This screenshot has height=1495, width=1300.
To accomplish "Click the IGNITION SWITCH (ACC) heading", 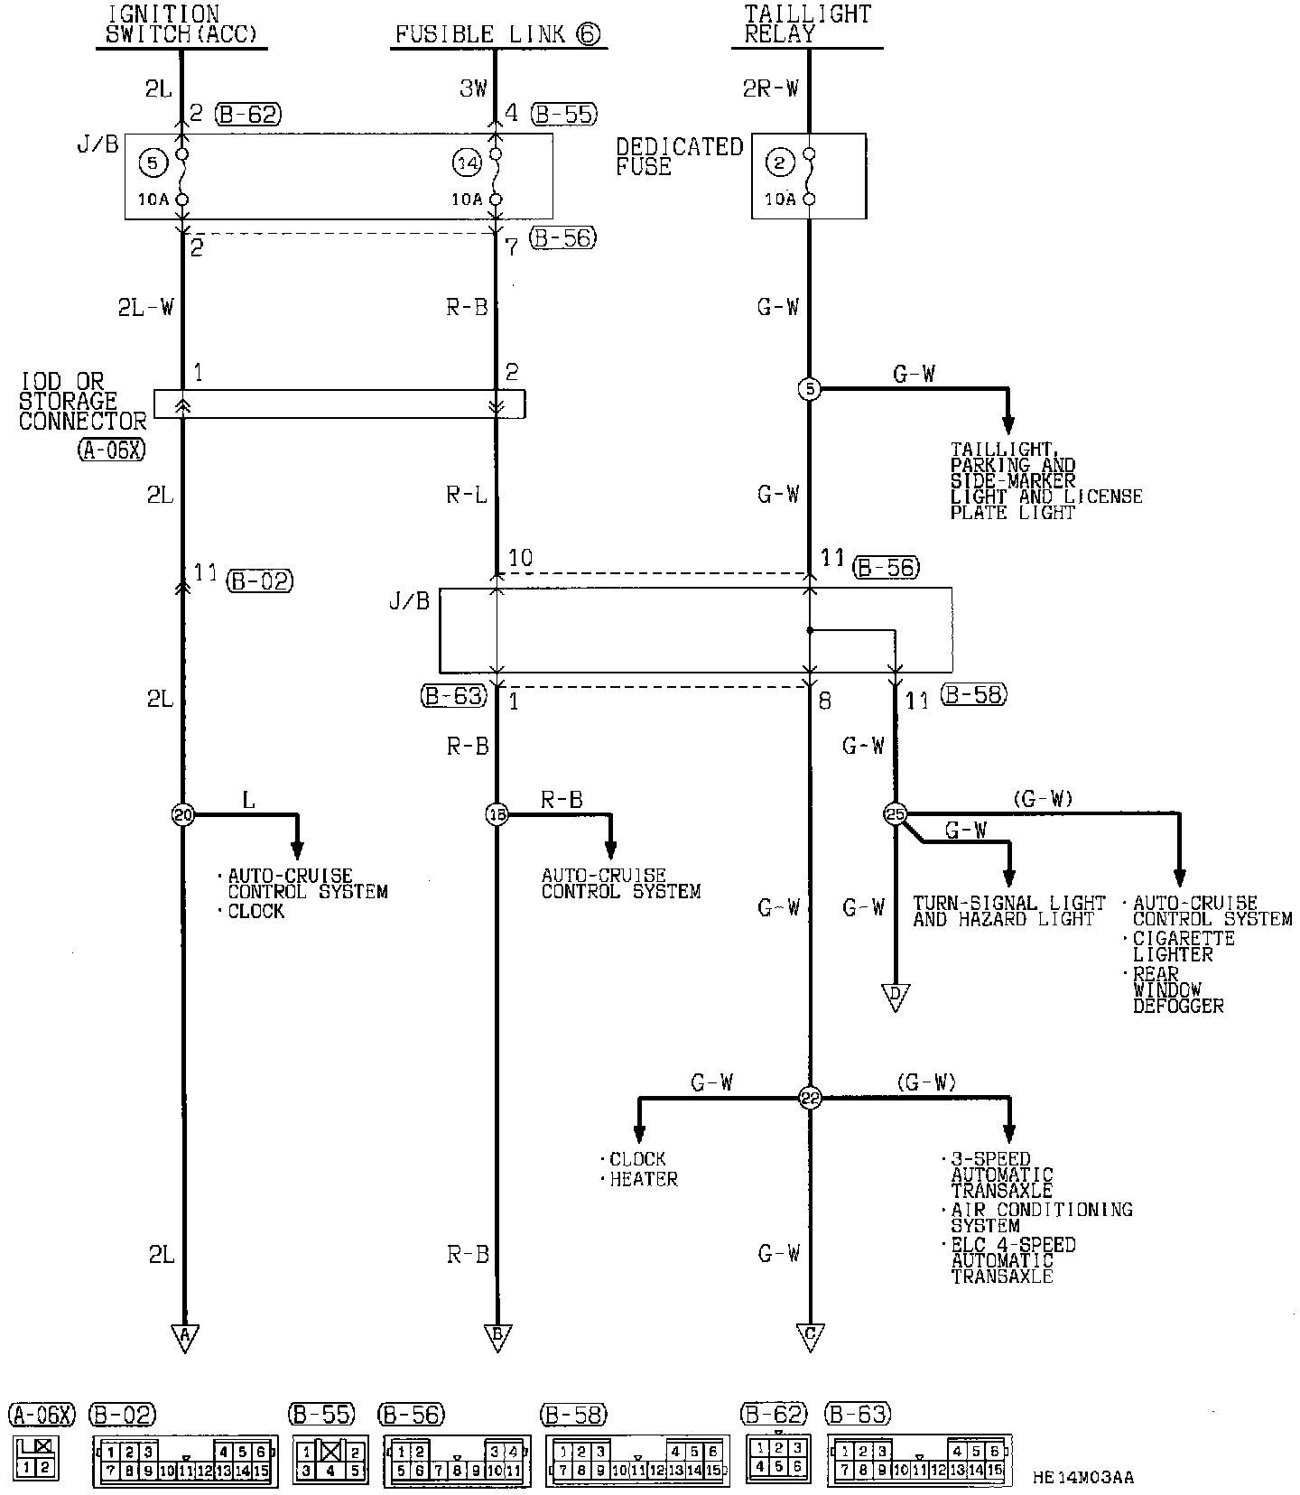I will click(181, 24).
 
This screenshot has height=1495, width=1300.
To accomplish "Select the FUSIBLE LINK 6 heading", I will click(497, 34).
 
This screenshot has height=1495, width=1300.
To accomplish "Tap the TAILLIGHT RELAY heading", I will click(807, 24).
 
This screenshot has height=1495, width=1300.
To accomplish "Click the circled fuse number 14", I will click(468, 162).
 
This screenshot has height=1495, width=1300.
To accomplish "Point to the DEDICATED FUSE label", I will click(679, 156).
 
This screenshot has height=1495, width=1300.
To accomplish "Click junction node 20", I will click(183, 814).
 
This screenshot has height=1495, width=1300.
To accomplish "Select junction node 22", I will click(810, 1099).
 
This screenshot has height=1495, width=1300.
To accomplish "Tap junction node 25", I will click(895, 814).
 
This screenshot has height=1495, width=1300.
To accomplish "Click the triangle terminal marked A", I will click(184, 1336).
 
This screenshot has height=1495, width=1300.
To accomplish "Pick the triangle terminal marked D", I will click(895, 996).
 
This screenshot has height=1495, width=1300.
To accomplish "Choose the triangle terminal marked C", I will click(810, 1336).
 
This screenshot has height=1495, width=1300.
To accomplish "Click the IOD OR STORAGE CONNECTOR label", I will click(81, 402).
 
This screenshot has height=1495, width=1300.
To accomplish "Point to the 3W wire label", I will click(473, 88).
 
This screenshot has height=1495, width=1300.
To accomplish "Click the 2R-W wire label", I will click(771, 88).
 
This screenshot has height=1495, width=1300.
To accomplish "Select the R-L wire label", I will click(467, 495).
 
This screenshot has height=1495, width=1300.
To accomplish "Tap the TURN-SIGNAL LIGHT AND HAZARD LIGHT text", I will click(1008, 911).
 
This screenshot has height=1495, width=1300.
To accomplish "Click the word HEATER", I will click(644, 1179).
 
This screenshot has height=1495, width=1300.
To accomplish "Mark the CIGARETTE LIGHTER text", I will click(1184, 946).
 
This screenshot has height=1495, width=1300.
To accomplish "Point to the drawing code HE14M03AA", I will click(1082, 1478).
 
